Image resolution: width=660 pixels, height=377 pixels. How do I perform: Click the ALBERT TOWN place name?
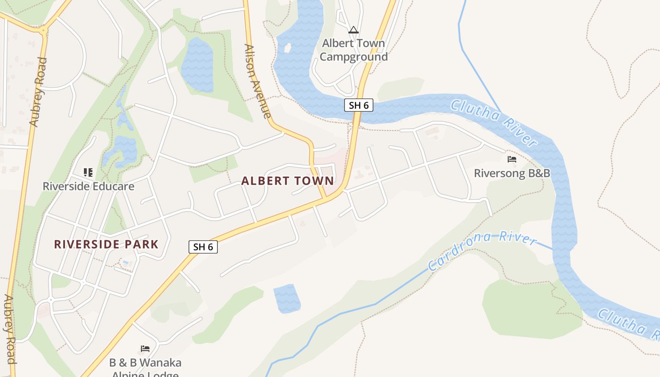click(288, 181)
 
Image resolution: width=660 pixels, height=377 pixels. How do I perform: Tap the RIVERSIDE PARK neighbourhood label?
click(106, 244)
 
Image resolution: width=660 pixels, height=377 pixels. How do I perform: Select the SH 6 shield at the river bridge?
click(359, 105)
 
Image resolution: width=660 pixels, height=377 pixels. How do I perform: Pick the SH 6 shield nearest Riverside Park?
click(203, 246)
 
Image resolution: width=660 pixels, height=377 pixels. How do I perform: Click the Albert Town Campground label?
click(354, 50)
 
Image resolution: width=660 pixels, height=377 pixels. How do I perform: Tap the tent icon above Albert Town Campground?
click(354, 30)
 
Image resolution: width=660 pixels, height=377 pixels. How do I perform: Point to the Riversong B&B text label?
click(512, 173)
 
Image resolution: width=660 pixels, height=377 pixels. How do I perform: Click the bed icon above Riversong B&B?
click(512, 159)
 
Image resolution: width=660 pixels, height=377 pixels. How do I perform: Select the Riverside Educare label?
click(89, 186)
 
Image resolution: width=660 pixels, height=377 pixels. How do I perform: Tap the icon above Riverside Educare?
click(88, 172)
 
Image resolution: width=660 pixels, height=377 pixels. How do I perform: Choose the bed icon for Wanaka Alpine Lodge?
click(145, 349)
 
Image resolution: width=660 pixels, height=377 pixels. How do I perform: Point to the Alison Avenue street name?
click(257, 81)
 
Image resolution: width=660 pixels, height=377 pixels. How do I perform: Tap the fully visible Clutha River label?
click(494, 122)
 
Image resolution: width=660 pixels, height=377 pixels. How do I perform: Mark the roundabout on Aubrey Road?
click(44, 32)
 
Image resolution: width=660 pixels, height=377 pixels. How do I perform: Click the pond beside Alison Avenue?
click(198, 65)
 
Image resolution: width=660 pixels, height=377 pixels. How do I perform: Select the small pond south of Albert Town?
click(287, 298)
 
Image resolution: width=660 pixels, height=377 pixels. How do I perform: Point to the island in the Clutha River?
click(287, 48)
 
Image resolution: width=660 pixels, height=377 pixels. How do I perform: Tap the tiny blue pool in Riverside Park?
click(125, 262)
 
